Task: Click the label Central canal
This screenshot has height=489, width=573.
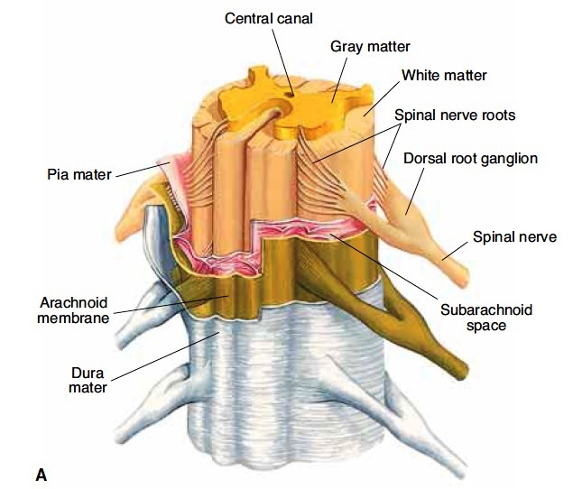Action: pyautogui.click(x=269, y=18)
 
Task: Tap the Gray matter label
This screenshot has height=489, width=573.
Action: pyautogui.click(x=370, y=47)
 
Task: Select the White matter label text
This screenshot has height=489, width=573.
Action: pyautogui.click(x=444, y=75)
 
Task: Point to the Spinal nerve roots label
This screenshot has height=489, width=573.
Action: pyautogui.click(x=455, y=115)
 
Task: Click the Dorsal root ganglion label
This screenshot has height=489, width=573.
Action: pyautogui.click(x=471, y=159)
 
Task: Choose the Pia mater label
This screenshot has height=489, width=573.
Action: pyautogui.click(x=79, y=174)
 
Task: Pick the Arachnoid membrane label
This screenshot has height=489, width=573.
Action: pyautogui.click(x=73, y=310)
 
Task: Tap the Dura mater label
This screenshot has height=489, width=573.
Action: pyautogui.click(x=88, y=380)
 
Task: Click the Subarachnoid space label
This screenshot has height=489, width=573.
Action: pyautogui.click(x=486, y=318)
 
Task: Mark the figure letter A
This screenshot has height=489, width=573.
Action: pyautogui.click(x=42, y=475)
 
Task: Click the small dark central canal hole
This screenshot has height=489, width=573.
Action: pyautogui.click(x=291, y=95)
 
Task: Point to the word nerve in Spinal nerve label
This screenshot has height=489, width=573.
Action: pyautogui.click(x=537, y=237)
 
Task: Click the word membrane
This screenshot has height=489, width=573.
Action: pyautogui.click(x=73, y=318)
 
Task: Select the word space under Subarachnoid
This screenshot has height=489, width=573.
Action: pyautogui.click(x=486, y=326)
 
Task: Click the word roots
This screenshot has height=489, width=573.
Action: pyautogui.click(x=499, y=115)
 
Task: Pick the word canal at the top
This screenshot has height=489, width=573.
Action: pyautogui.click(x=295, y=18)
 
